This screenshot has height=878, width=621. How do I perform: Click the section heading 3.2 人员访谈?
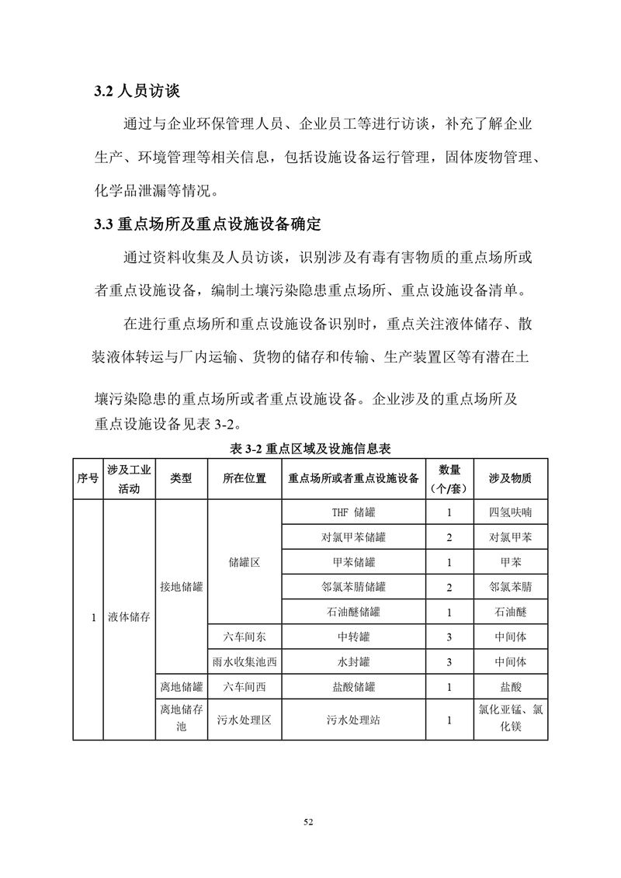pos(137,92)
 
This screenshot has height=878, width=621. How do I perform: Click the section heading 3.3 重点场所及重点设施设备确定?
pos(206,226)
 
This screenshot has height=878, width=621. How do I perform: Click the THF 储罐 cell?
pos(352,512)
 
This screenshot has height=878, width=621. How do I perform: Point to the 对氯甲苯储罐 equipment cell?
pos(352,537)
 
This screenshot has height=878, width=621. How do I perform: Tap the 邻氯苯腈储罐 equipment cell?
pos(352,587)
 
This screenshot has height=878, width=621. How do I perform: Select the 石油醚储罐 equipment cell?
pos(352,612)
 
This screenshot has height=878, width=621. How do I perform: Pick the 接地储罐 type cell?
pos(181,587)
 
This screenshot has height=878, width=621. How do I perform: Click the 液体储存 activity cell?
pos(129,619)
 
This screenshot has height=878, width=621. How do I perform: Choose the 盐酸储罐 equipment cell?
pos(352,686)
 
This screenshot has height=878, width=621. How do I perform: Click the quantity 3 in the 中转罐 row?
pos(449,637)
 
